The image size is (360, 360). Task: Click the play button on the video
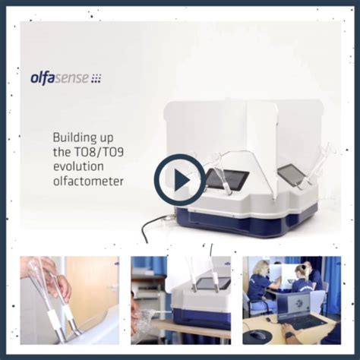tap(179, 180)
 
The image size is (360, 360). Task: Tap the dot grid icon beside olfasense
tap(96, 77)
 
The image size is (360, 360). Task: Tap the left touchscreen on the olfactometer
tap(226, 178)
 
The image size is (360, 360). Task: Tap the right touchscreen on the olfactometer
tap(292, 175)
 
